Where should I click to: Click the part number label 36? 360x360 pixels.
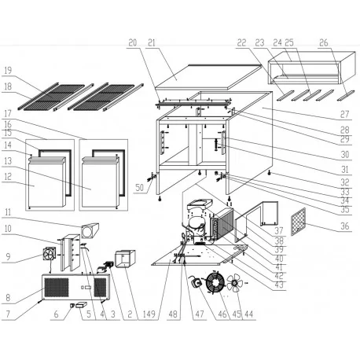point(343,228)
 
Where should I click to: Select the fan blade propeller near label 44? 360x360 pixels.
point(237,288)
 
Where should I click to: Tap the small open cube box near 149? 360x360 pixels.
point(123,256)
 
